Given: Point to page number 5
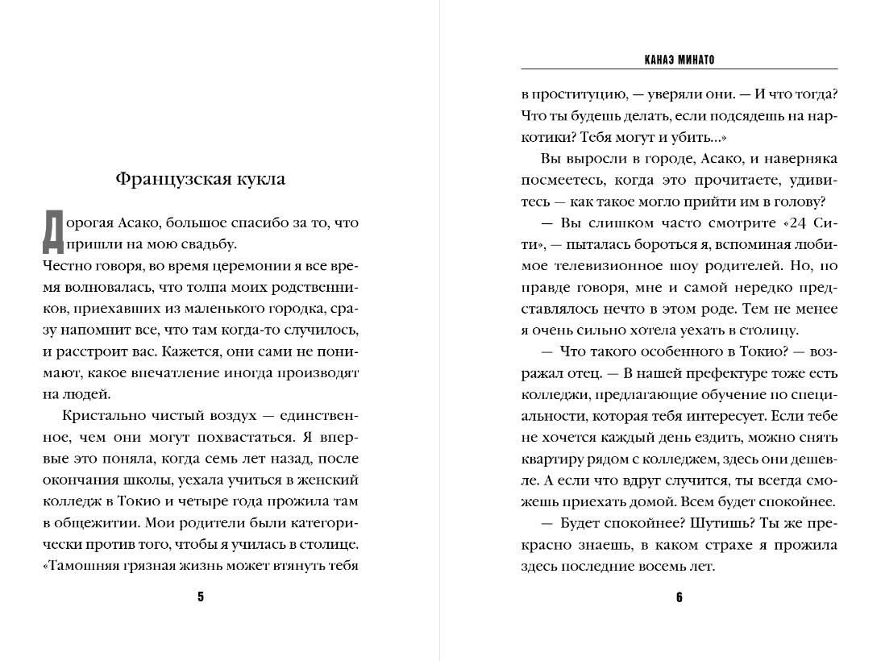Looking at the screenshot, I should pos(201,597).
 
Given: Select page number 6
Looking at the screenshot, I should pos(679,597).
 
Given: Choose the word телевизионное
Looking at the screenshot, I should pos(594,266).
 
